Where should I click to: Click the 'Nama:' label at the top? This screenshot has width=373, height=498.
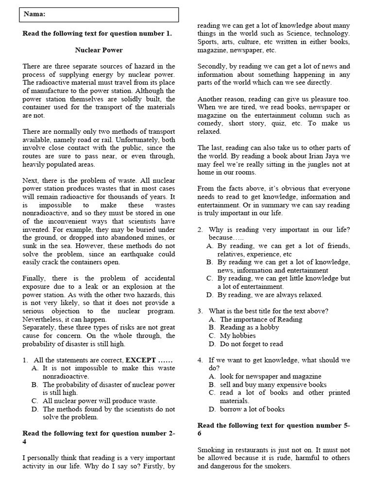point(34,15)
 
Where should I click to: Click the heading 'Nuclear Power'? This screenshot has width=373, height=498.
point(99,50)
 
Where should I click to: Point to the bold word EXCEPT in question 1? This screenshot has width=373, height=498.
point(141,360)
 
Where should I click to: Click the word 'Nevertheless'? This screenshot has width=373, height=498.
point(45,320)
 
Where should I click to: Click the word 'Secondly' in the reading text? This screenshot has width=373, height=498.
point(213,66)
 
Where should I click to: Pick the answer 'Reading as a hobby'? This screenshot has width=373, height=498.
point(250,327)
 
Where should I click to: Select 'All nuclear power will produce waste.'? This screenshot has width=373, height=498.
point(100,401)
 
